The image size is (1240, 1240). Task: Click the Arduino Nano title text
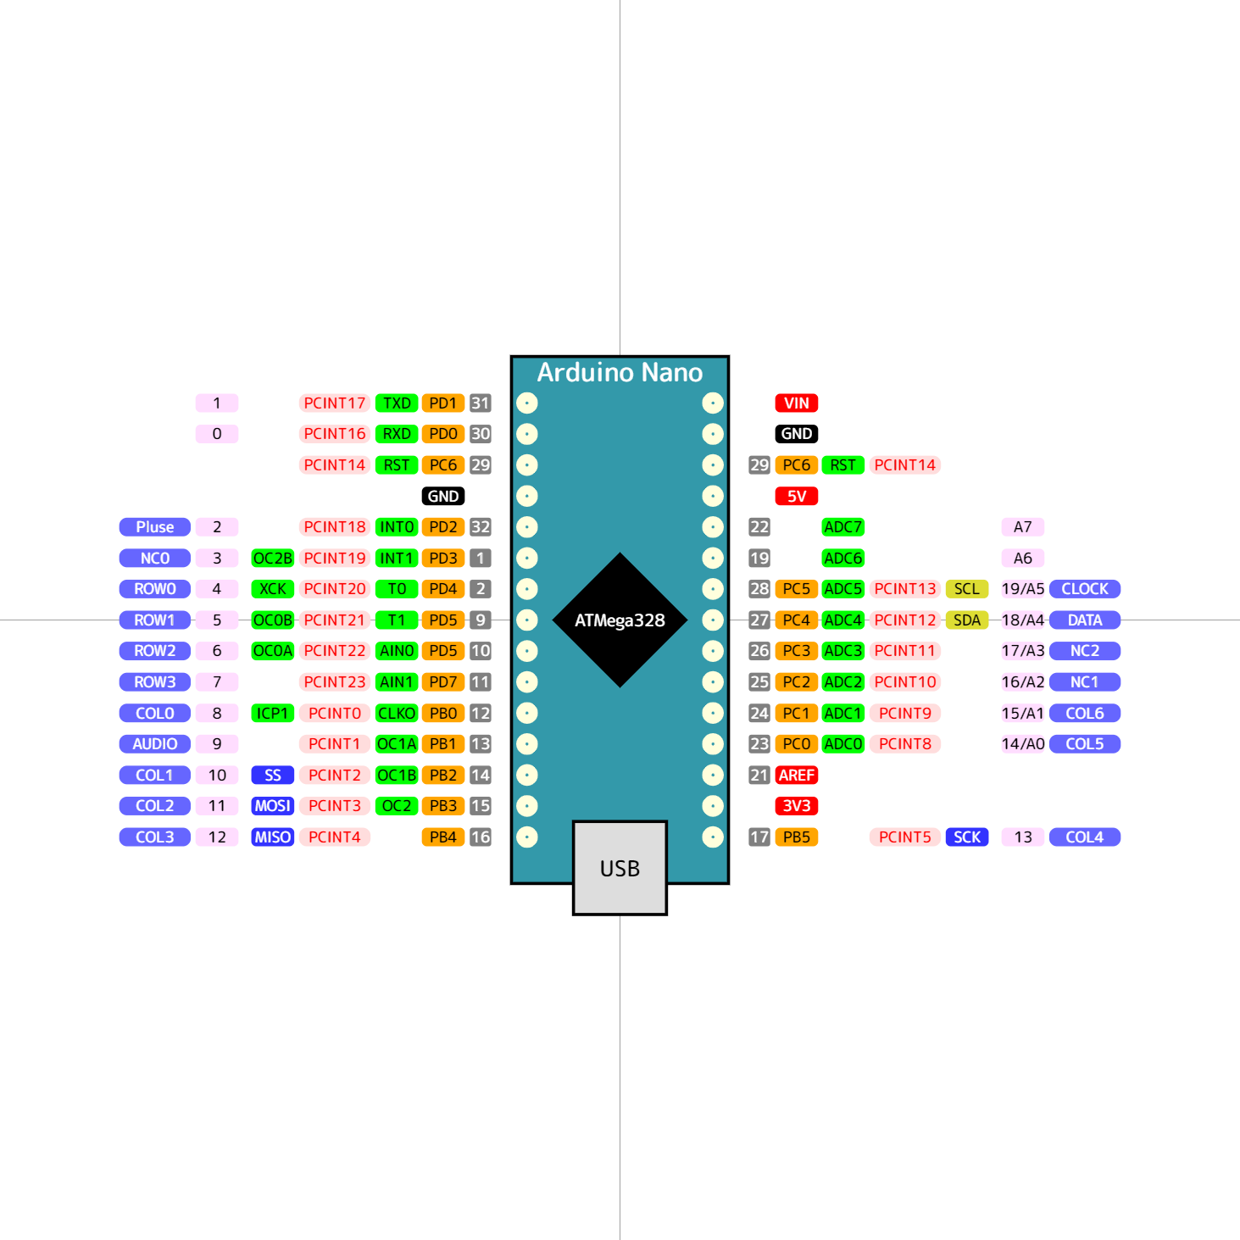pos(620,373)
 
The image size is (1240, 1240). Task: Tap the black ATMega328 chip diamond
pos(620,620)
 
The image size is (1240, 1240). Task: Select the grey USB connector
pos(620,868)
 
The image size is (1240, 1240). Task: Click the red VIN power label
pos(796,403)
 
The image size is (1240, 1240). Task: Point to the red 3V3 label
pos(796,806)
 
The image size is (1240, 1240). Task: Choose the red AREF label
pos(796,775)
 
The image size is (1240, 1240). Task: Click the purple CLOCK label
pos(1084,589)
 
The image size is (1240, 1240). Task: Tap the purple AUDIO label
pos(155,744)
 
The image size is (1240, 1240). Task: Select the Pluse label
pos(155,527)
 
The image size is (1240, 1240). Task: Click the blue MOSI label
pos(272,806)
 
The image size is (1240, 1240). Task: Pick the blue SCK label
pos(966,837)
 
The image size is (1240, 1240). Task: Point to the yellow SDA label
pos(966,620)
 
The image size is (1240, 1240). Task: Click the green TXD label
pos(396,403)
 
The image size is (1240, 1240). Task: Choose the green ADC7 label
pos(842,527)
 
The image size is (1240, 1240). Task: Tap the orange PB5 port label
pos(796,837)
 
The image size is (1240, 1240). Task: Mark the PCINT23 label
pos(334,682)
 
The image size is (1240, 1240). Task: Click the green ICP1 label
pos(272,714)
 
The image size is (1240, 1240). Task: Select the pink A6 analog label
pos(1022,559)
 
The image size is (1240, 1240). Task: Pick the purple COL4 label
pos(1084,837)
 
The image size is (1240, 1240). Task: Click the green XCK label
pos(272,589)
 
